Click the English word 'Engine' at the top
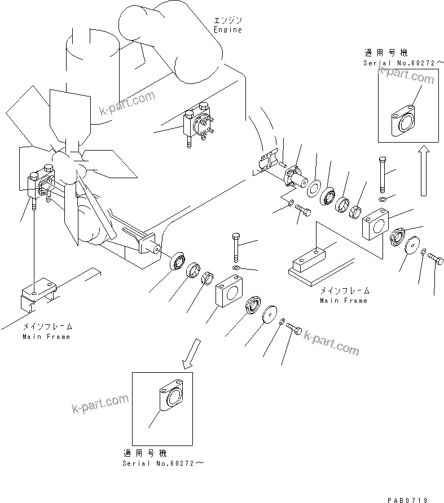click(227, 30)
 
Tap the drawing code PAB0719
click(407, 500)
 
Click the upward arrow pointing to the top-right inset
click(424, 170)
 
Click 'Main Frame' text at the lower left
click(46, 337)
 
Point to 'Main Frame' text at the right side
click(344, 301)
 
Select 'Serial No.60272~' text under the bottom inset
click(163, 463)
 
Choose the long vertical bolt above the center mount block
click(236, 248)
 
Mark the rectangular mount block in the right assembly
click(376, 224)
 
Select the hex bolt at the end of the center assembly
click(293, 329)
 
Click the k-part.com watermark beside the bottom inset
click(100, 404)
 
